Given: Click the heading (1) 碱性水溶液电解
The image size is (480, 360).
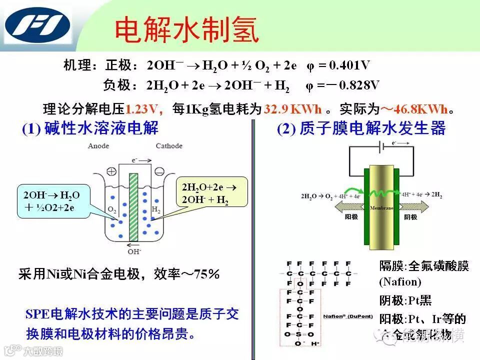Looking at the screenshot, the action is point(90,129).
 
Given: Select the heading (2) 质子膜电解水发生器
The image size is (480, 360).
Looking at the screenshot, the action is point(361,129).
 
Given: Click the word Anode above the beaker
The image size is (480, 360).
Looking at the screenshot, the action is point(98,146).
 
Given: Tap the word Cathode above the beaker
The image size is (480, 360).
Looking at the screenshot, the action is point(169,146).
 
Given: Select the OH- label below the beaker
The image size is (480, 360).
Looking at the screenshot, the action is point(134,251).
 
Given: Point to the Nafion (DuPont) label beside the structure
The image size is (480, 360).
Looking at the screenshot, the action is point(344,316).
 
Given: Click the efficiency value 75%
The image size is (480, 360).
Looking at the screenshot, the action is point(207,274).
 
